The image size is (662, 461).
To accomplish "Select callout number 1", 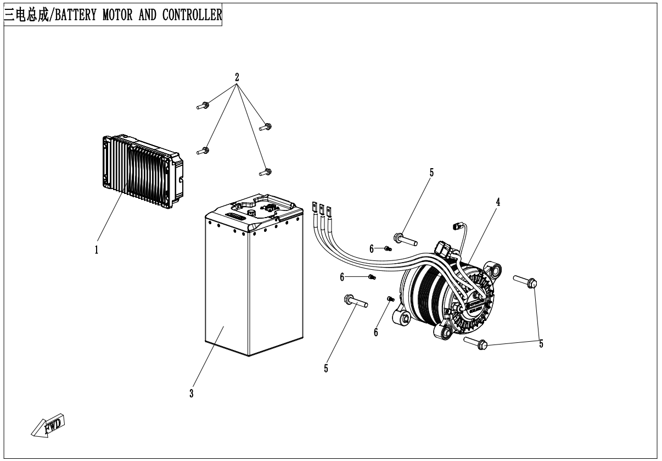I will coord(97,250).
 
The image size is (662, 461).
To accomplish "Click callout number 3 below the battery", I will coord(191,393).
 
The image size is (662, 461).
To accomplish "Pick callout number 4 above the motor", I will coord(498,202).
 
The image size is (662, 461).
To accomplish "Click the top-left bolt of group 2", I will coord(201,105).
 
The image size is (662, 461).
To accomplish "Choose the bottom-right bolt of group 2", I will coord(265,172).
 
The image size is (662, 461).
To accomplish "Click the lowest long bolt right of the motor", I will coord(476,343).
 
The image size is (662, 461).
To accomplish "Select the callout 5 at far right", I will coord(541,344).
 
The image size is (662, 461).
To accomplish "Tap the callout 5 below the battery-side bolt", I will coord(326,369).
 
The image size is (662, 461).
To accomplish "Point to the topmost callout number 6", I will coord(372,249).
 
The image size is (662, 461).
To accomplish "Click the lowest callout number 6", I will coord(376,332).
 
